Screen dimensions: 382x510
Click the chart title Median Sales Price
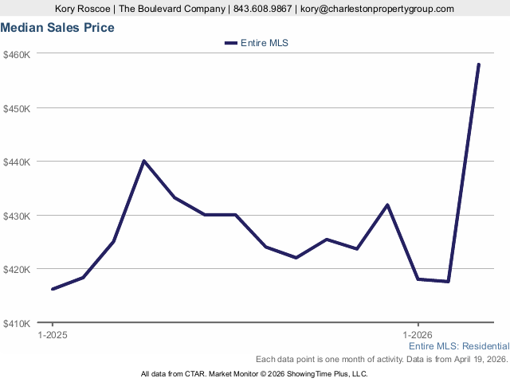point(57,28)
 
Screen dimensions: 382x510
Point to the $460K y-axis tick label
point(16,54)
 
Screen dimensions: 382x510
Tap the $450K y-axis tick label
point(16,108)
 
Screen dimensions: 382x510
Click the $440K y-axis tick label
point(16,162)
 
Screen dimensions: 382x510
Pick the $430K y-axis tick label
point(16,216)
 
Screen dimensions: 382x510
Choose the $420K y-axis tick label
point(16,269)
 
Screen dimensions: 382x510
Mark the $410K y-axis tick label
point(16,323)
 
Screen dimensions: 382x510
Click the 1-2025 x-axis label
point(53,335)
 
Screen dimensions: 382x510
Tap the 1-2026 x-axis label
point(418,335)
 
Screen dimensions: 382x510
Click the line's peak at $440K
point(143,161)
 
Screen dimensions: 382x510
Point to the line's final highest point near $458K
point(479,64)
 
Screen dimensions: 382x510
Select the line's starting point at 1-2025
point(53,289)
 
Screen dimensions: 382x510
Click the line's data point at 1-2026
point(418,279)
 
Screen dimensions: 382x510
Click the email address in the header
point(377,9)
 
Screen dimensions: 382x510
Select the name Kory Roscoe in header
point(83,9)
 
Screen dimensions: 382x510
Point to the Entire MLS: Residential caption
point(458,347)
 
